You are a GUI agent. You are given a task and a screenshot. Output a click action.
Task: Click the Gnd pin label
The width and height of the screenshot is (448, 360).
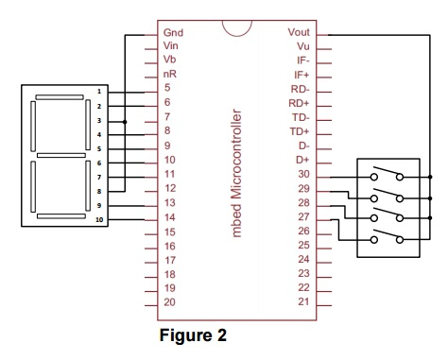173,31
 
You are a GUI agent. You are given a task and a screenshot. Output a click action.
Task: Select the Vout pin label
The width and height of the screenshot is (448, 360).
298,31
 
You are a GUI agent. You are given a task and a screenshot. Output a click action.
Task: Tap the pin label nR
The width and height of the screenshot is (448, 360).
169,74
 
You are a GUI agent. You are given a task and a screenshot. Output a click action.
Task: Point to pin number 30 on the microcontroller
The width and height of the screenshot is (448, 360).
302,174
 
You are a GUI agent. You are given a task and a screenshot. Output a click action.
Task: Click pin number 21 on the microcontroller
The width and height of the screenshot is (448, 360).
302,301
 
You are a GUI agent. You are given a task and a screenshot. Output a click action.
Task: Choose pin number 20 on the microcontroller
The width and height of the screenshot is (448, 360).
169,302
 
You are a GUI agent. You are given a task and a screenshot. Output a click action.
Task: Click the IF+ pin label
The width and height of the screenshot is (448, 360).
302,74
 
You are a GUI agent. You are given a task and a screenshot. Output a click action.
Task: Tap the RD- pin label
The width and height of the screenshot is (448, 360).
300,88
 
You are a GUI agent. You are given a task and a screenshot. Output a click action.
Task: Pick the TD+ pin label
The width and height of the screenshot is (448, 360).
300,131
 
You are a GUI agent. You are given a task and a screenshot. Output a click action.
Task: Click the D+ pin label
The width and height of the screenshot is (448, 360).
303,160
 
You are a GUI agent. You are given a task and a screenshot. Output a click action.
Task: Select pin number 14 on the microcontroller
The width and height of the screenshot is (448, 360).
169,216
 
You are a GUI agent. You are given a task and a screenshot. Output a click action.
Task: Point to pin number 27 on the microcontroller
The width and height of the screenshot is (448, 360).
302,216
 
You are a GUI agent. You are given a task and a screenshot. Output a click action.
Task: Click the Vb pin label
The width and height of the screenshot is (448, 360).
169,60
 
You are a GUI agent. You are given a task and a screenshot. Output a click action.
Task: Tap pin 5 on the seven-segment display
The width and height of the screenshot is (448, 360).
98,148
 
